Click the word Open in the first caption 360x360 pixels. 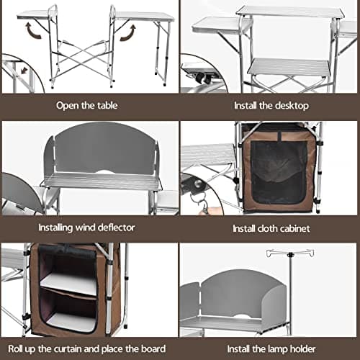[x=68, y=105]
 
